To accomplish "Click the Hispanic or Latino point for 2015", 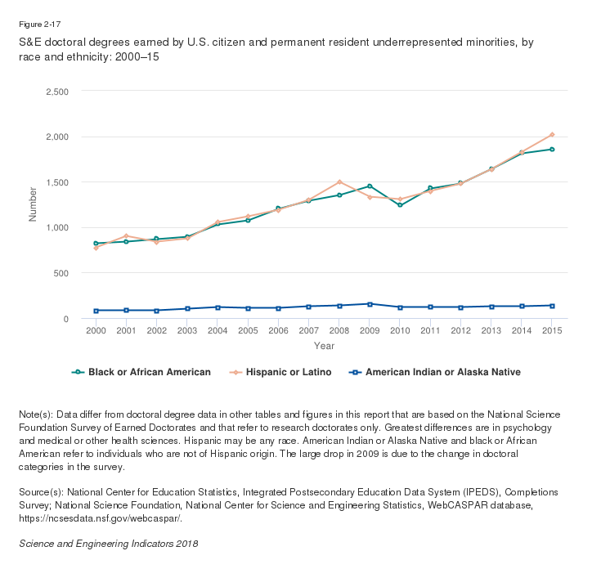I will (552, 134).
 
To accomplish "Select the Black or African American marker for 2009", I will (370, 186).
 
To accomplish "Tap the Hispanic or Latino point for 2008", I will (339, 181).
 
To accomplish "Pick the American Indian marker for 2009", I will (370, 304).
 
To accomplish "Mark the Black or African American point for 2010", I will (400, 205).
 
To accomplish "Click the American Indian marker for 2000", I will (96, 311).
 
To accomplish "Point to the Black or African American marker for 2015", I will (552, 150).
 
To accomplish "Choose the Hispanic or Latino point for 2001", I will (126, 235).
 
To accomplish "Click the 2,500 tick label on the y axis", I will (56, 91).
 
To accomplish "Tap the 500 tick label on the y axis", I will (61, 273).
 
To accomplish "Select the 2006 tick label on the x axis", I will (278, 331).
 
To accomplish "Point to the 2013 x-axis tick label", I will (491, 331).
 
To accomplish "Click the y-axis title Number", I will (34, 204).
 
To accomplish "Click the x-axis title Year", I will (324, 347).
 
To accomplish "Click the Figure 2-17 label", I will (39, 25).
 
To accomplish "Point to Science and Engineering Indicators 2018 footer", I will (109, 544).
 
